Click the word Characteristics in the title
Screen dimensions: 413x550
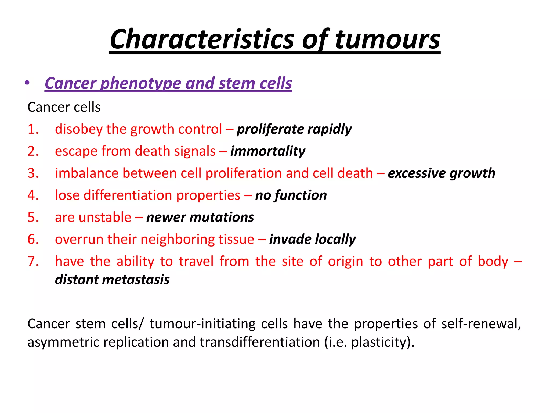tap(202, 40)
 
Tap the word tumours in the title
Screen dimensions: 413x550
tap(388, 40)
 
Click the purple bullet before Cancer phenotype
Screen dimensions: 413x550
tap(27, 83)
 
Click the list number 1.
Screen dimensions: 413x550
tap(33, 129)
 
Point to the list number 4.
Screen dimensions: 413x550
tap(33, 195)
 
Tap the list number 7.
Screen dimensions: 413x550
tap(33, 261)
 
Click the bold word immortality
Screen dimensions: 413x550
tap(268, 151)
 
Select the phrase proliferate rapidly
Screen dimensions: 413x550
tap(294, 129)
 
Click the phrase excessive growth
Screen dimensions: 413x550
tap(442, 173)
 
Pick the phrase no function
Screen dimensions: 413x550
tap(291, 195)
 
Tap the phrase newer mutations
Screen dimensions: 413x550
tap(200, 217)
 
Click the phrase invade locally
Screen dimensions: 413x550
tap(312, 239)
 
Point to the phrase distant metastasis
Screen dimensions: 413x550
tap(112, 280)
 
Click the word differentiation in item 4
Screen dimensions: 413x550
tap(128, 195)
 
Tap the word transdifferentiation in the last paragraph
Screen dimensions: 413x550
tap(260, 342)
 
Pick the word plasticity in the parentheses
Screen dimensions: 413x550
tap(378, 342)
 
